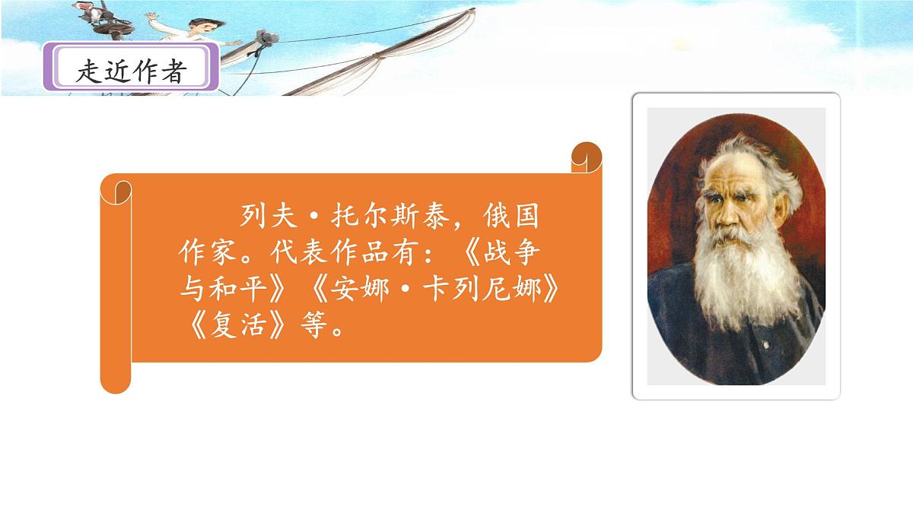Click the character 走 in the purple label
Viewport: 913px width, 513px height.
tap(89, 71)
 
